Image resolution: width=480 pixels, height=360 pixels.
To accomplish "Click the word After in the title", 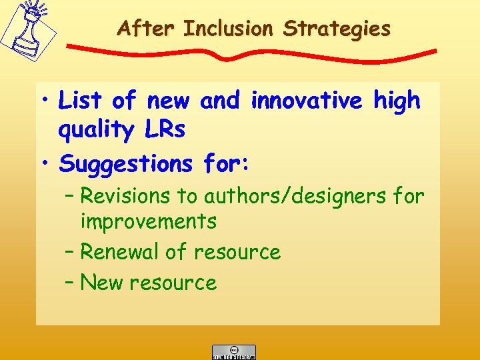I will [147, 29].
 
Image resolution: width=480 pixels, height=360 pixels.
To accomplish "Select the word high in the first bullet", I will [397, 101].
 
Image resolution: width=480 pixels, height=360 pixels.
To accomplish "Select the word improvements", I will [148, 221].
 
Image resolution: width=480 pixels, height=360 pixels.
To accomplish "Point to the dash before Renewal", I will [70, 253].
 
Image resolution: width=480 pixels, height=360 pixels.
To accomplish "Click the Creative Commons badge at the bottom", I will [233, 351].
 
